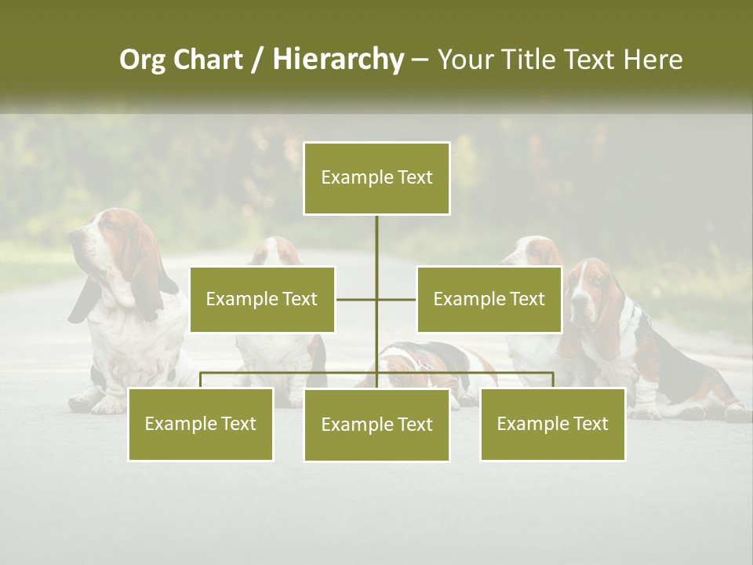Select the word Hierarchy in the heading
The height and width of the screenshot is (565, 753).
click(338, 60)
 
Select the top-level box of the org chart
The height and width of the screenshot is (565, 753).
click(376, 178)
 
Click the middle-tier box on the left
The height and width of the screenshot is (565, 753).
click(262, 300)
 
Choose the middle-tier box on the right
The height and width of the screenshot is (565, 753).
click(489, 300)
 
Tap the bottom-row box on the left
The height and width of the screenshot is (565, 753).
click(201, 425)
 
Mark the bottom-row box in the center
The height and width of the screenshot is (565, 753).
click(376, 425)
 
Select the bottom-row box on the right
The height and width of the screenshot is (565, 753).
click(552, 425)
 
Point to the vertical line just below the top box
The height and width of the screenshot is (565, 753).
click(376, 235)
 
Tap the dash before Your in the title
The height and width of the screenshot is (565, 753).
click(420, 60)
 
